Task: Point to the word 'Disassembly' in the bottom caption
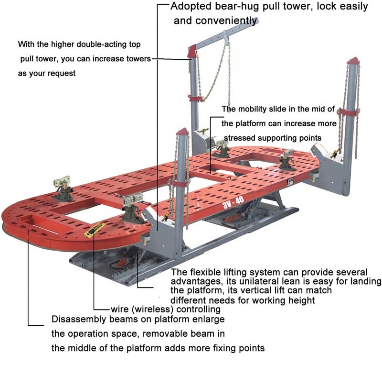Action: coord(75,319)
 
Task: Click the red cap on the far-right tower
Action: coord(353,62)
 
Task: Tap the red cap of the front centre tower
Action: coord(182,132)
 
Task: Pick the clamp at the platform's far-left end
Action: coord(63,184)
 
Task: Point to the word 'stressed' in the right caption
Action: coord(240,137)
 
